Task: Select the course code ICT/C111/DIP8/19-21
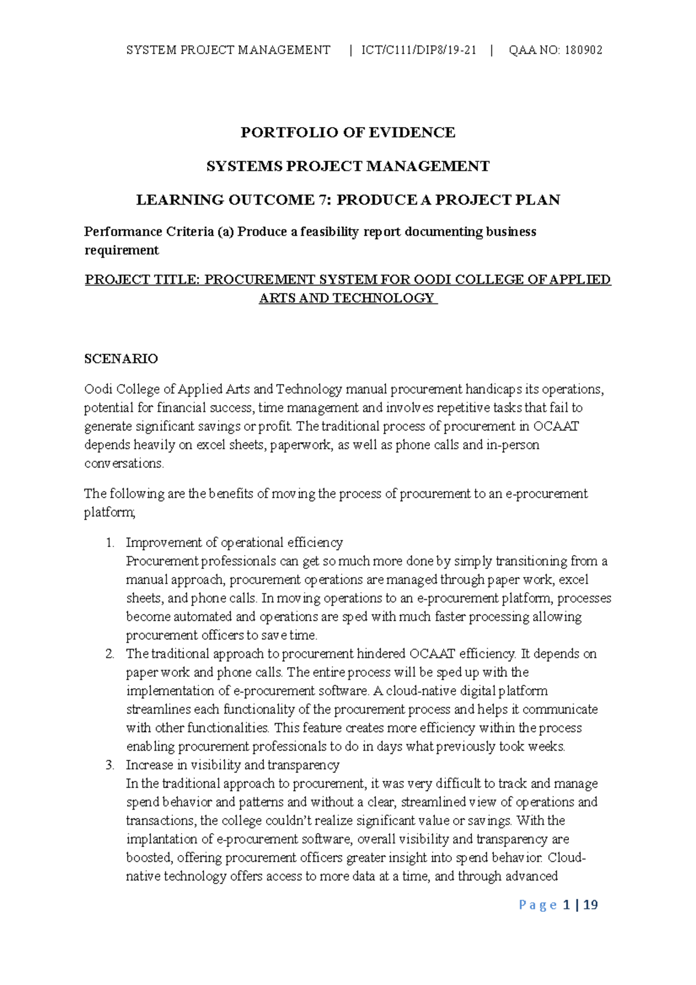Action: click(419, 50)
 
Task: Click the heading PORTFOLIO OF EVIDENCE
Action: click(348, 133)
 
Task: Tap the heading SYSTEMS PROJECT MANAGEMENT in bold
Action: click(348, 166)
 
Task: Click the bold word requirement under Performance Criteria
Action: click(121, 251)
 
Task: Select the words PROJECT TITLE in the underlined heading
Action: click(142, 280)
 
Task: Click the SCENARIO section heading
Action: click(121, 358)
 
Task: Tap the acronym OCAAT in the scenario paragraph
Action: click(555, 426)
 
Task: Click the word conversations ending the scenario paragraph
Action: click(124, 463)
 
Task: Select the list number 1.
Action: click(110, 542)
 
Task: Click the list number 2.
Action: click(110, 654)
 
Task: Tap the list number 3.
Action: click(110, 765)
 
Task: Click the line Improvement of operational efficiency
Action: click(234, 542)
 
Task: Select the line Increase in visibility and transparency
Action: click(233, 765)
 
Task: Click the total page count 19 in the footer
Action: click(590, 905)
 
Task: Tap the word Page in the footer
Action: click(538, 905)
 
